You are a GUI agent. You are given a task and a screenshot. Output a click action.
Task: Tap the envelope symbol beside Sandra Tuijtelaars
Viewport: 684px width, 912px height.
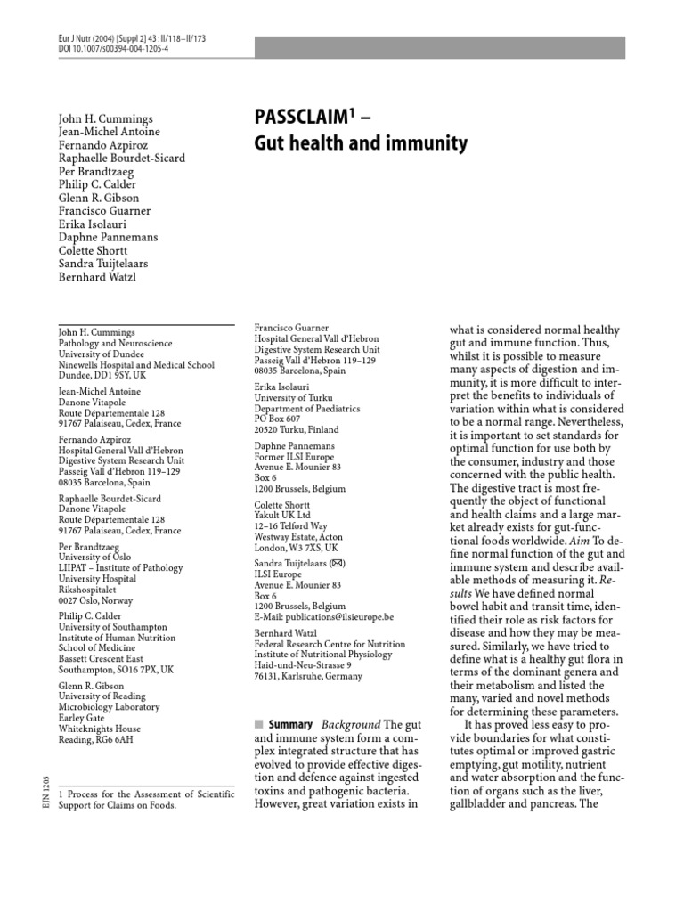point(338,564)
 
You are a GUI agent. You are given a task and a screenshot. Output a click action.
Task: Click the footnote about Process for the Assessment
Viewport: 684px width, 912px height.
point(146,799)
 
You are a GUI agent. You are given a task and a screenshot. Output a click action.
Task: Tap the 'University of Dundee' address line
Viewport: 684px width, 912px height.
point(101,354)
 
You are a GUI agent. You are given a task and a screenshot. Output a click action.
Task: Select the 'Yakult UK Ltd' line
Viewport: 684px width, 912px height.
point(281,514)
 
